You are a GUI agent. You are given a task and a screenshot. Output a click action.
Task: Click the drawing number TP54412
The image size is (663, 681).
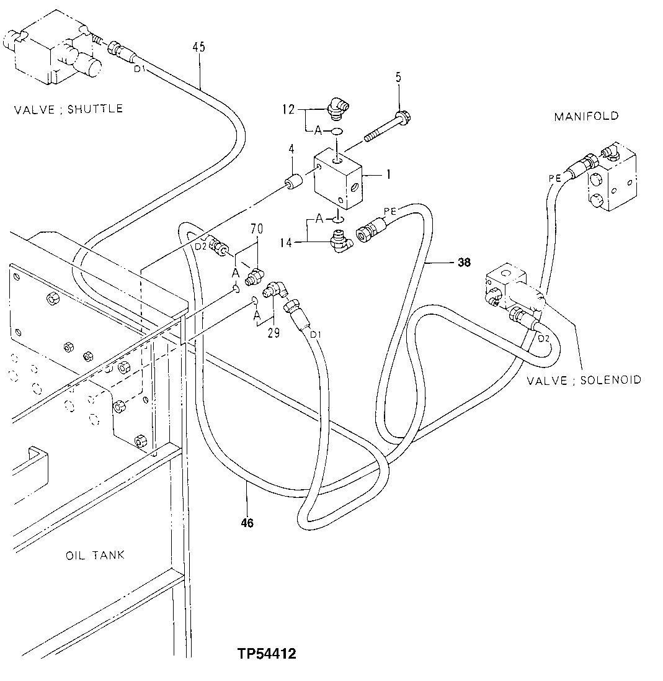point(266,654)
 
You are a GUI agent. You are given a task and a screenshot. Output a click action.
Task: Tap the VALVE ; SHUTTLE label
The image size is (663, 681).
point(68,109)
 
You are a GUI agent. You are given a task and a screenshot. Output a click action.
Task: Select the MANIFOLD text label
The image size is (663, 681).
point(586,116)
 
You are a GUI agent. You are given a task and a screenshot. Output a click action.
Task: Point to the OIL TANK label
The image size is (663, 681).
point(95,554)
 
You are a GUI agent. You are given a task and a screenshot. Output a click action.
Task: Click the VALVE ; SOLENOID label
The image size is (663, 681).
point(584,379)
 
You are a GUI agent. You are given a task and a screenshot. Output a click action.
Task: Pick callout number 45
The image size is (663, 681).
point(199,47)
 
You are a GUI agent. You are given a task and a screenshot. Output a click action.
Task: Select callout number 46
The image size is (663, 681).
point(247,523)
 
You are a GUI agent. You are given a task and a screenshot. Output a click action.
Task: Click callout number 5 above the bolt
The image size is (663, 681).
point(399,78)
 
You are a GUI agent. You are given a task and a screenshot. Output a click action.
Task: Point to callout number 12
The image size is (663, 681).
point(289,109)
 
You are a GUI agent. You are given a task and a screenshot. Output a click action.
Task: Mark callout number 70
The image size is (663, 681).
point(256,229)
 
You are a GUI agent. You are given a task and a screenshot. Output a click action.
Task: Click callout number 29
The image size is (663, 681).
point(273,333)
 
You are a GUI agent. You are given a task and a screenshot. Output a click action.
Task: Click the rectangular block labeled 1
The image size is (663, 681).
point(337,180)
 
